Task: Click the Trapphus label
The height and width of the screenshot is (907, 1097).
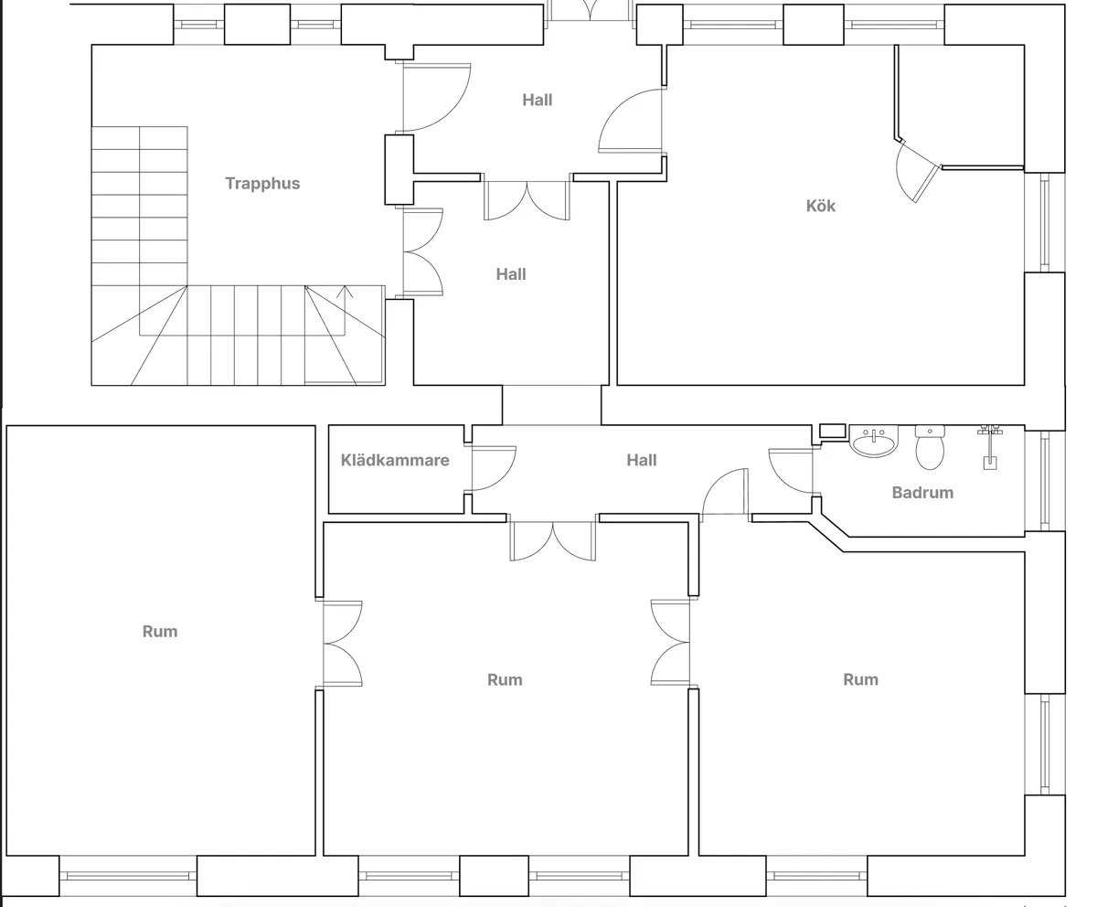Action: click(x=262, y=184)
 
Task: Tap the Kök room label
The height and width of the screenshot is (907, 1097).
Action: click(x=821, y=206)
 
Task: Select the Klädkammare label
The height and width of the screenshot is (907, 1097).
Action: click(x=395, y=460)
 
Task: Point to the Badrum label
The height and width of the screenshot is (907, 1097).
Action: click(x=922, y=493)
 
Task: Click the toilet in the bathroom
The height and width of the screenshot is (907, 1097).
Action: click(x=930, y=448)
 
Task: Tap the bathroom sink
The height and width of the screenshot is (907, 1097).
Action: click(x=874, y=442)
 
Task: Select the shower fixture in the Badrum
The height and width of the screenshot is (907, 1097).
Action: click(x=990, y=447)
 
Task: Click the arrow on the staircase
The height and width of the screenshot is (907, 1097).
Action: click(x=345, y=310)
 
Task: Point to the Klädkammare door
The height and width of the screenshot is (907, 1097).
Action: click(x=494, y=469)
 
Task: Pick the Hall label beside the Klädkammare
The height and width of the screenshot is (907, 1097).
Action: click(x=642, y=460)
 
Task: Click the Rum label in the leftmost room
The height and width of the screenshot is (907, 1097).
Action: click(x=160, y=631)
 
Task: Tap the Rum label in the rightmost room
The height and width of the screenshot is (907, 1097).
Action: click(x=860, y=679)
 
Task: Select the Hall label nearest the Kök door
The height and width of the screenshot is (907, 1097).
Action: click(x=537, y=100)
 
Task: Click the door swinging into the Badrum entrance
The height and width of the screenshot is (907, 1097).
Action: click(x=791, y=471)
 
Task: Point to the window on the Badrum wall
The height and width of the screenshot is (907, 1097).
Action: click(x=1045, y=480)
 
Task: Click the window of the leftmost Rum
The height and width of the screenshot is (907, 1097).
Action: click(x=128, y=876)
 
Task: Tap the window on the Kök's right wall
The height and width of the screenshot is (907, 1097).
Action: click(x=1045, y=223)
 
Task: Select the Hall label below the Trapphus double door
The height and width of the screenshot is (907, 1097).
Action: click(x=511, y=274)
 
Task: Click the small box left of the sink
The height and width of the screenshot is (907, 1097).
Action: click(x=833, y=431)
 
